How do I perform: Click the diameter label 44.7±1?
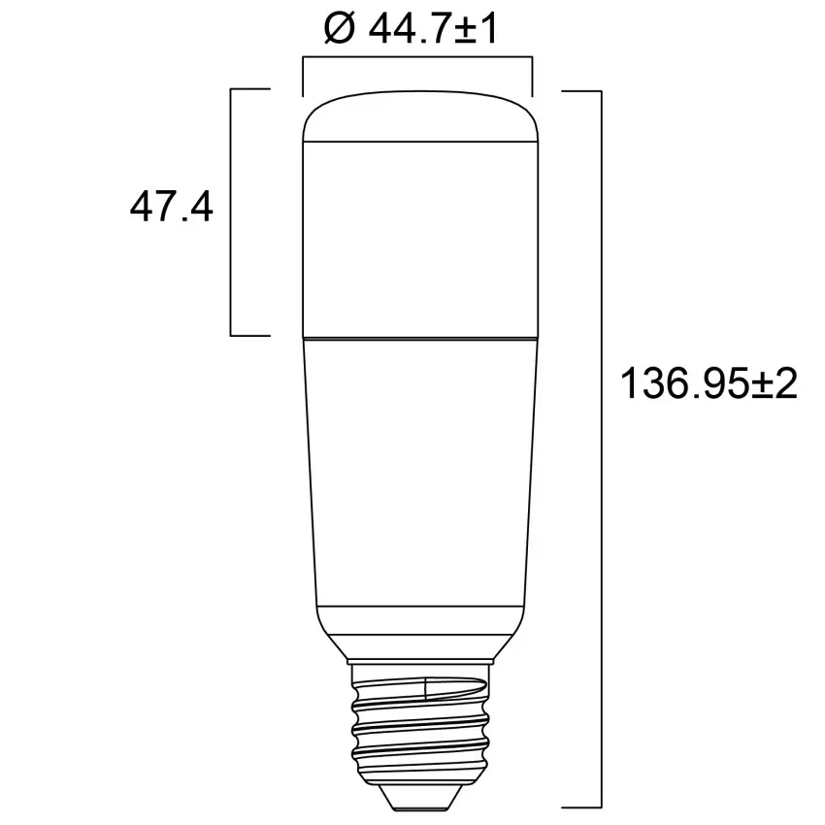coord(433,30)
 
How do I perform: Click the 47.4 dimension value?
coord(171,208)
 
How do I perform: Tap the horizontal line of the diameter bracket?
coord(418,57)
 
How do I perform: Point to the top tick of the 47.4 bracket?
coord(248,89)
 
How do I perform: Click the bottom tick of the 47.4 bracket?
coord(248,335)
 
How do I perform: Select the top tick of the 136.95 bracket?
coord(582,90)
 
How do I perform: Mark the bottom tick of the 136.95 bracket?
coord(582,807)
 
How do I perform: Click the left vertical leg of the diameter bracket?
coord(304,77)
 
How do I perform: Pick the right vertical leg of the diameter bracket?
coord(533,77)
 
